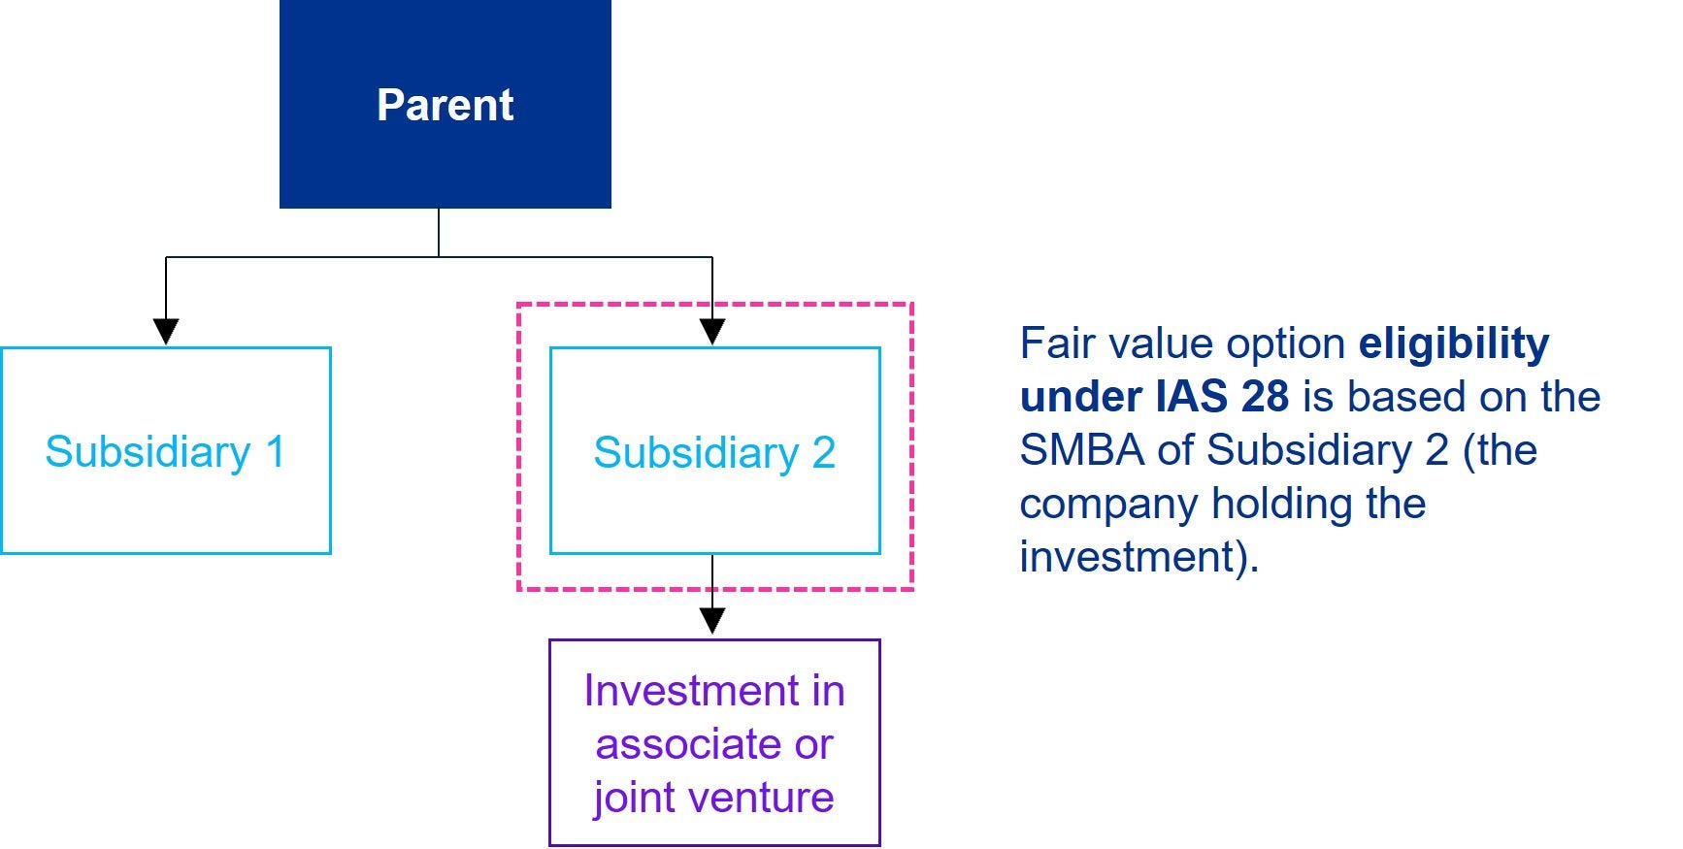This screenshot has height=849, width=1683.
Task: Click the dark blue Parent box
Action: point(445,104)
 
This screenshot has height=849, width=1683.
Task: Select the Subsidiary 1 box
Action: point(166,451)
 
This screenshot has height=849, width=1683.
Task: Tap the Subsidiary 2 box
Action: point(715,451)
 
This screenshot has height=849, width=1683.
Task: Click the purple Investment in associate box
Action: point(715,742)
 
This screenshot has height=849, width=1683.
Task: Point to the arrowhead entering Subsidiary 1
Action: point(166,332)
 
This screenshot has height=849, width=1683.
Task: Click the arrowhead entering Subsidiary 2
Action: point(712,332)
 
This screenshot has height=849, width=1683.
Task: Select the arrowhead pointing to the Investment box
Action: point(712,622)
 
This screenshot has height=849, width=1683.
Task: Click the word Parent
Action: point(445,105)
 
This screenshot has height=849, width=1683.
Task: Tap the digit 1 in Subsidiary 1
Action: point(276,452)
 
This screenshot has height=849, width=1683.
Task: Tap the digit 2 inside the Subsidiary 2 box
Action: point(824,452)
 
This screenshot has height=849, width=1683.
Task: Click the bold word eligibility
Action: point(1454,344)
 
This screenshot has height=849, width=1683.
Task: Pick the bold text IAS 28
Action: point(1223,397)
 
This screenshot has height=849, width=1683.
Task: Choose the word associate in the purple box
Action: point(689,745)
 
